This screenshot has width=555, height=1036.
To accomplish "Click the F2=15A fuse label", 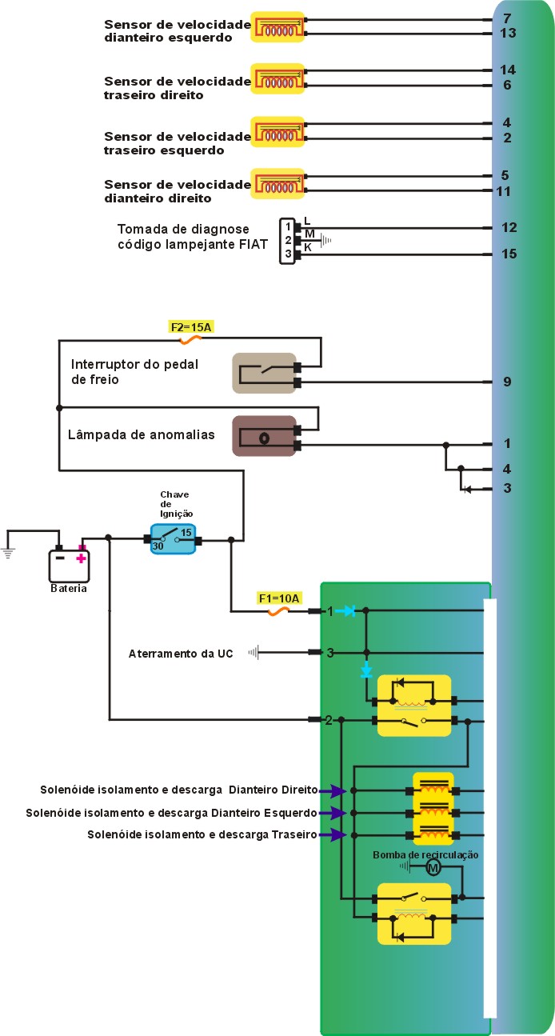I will point(190,326).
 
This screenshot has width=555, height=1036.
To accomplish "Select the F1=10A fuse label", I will point(278,598).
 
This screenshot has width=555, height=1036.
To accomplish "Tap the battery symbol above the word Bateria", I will point(70,563).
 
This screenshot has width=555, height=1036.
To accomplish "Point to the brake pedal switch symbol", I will point(264,373).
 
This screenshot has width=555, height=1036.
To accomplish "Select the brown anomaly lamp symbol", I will point(264,436).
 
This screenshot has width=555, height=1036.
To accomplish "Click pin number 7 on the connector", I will point(507,18).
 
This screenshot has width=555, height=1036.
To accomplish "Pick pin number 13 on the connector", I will point(508,33).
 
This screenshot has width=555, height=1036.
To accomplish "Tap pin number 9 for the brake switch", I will point(507,382).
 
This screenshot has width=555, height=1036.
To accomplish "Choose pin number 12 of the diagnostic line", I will point(509,227).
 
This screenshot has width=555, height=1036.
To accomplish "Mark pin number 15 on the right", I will point(509,254).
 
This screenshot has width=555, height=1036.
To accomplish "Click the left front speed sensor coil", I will point(277,26).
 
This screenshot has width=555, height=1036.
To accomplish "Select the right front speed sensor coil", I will point(277,183).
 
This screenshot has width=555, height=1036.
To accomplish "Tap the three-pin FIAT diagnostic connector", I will point(288,241).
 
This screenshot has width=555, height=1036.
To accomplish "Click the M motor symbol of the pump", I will point(433,868).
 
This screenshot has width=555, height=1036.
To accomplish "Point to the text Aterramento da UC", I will point(181,654).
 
